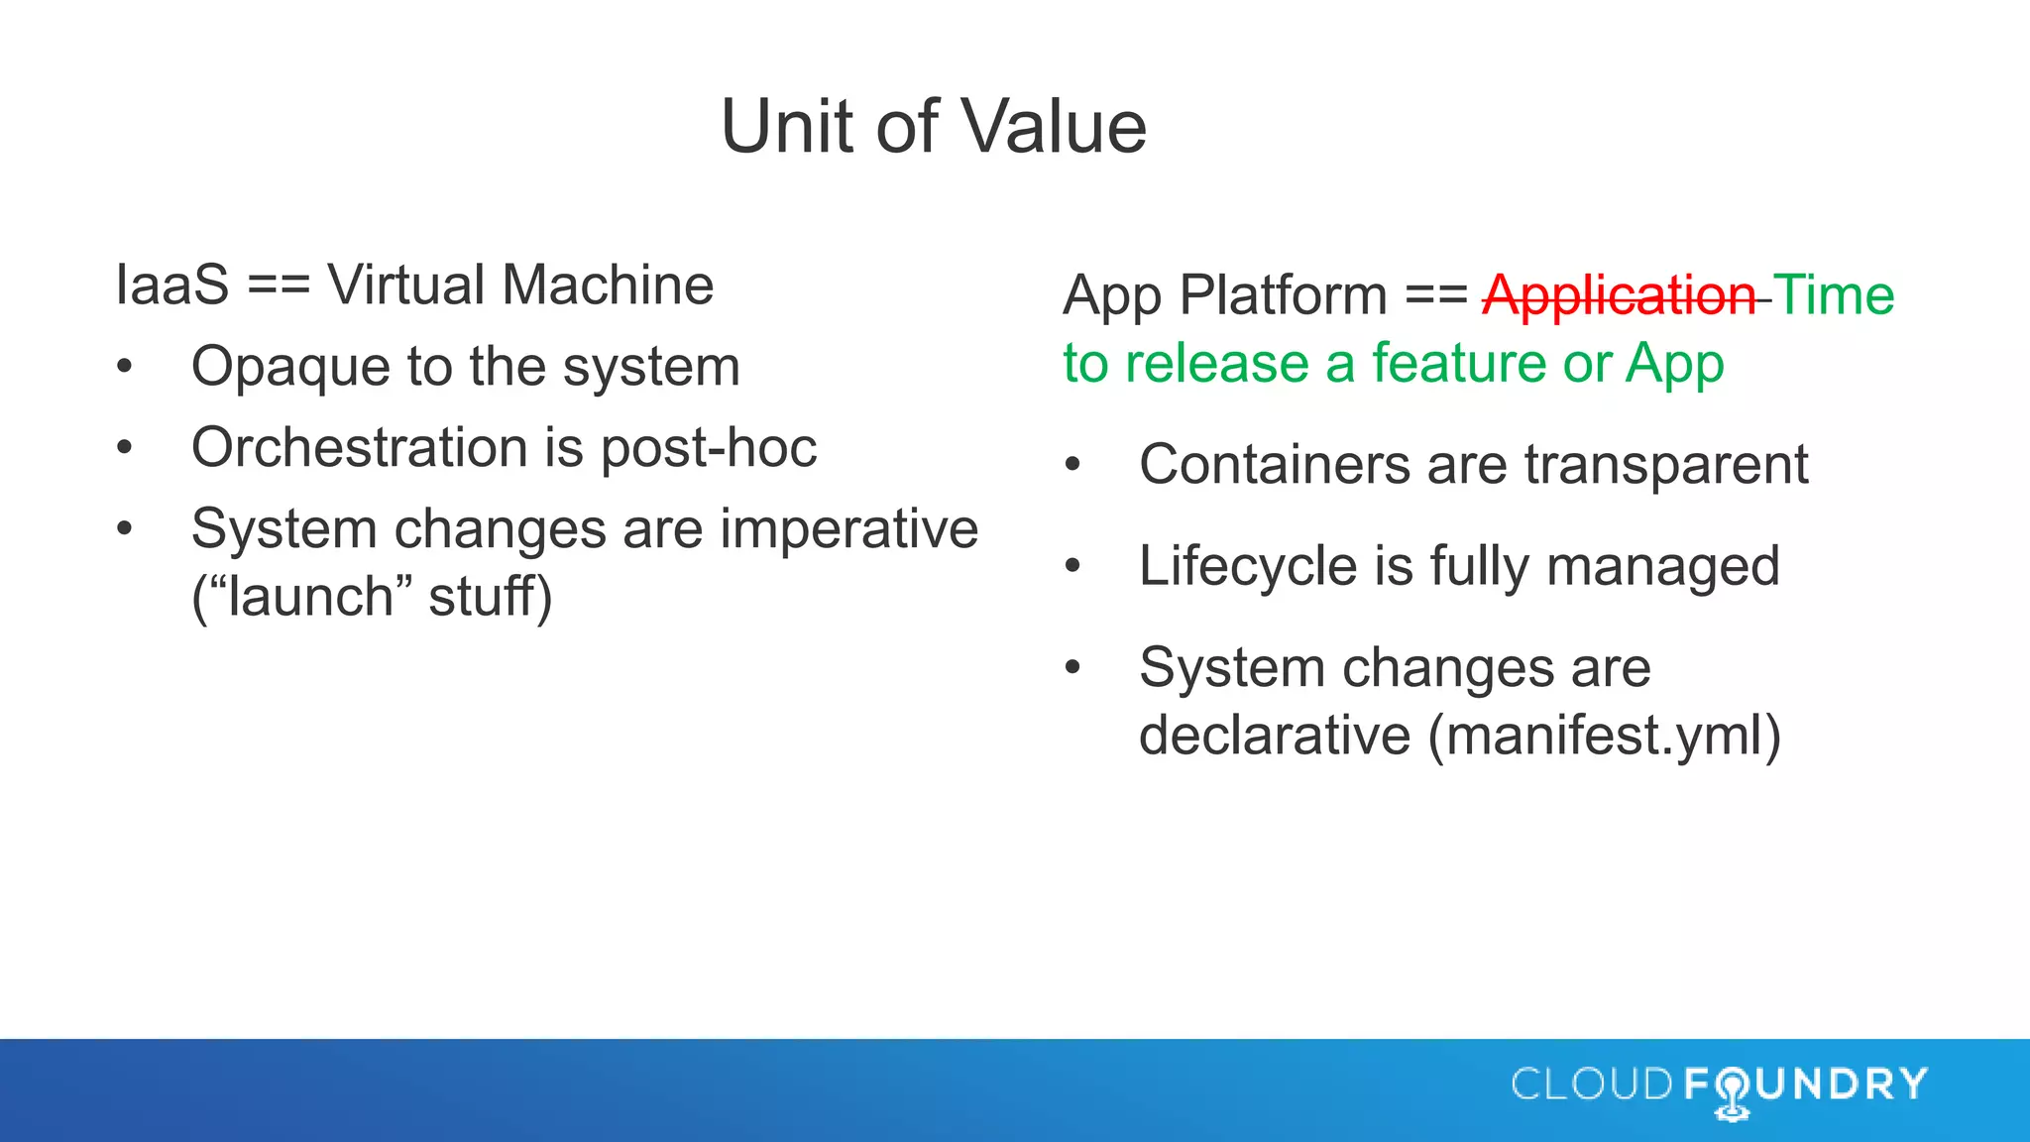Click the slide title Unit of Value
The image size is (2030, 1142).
coord(933,127)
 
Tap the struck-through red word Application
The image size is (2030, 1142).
coord(1619,295)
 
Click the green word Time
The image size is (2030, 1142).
coord(1834,295)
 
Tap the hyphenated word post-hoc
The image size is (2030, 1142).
coord(709,448)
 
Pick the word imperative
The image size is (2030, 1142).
coord(848,528)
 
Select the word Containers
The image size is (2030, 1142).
coord(1275,464)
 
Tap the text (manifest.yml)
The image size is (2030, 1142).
coord(1604,736)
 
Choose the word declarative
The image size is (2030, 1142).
coord(1275,736)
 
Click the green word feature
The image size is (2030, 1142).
coord(1458,363)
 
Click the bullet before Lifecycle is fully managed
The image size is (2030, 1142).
coord(1072,566)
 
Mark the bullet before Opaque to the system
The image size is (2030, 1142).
coord(124,367)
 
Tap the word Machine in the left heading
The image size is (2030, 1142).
coord(607,285)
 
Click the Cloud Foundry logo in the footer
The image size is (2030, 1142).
coord(1719,1086)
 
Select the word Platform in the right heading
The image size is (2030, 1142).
coord(1283,295)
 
